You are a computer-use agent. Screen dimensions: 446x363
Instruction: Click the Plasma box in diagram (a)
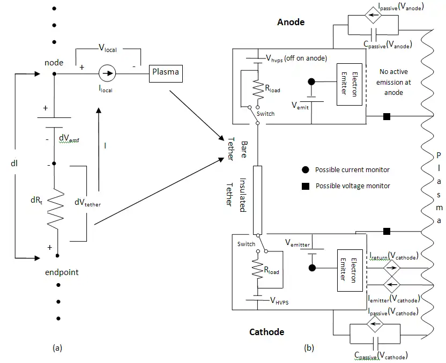(x=166, y=73)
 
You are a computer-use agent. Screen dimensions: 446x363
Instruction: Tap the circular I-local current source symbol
(x=107, y=73)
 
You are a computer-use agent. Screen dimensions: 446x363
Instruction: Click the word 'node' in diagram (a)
(x=54, y=63)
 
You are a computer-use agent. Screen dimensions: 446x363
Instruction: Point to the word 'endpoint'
(x=62, y=272)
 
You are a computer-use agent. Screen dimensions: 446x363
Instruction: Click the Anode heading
(x=291, y=22)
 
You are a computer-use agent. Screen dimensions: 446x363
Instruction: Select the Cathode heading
(x=266, y=332)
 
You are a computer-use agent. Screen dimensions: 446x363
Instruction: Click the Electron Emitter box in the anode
(x=350, y=85)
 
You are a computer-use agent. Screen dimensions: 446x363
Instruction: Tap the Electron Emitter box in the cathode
(x=350, y=271)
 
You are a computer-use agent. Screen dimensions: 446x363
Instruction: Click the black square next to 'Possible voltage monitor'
(x=306, y=186)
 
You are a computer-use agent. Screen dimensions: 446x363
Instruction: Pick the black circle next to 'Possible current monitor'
(x=305, y=170)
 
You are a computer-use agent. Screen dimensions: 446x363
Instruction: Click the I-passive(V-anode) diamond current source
(x=373, y=16)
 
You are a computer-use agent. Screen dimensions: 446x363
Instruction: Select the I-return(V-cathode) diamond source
(x=391, y=268)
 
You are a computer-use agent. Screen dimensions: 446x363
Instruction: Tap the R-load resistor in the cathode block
(x=257, y=269)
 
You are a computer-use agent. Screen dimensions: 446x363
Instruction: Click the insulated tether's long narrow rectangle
(x=257, y=200)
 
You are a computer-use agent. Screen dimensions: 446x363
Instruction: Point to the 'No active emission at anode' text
(x=393, y=82)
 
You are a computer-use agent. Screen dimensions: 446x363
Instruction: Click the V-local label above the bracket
(x=108, y=48)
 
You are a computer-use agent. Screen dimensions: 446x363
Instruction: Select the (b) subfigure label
(x=309, y=347)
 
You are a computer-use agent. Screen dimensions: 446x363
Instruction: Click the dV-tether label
(x=87, y=202)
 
